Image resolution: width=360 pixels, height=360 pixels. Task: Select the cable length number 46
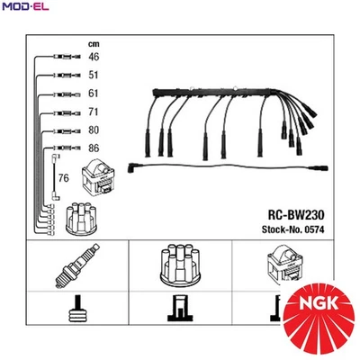tap(94, 57)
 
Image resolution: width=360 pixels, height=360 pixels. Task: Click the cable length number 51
tap(94, 76)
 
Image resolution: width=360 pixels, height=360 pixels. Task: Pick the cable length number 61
tap(94, 94)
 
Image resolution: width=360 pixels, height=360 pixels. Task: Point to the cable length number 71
tap(94, 113)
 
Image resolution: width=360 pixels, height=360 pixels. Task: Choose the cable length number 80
tap(94, 130)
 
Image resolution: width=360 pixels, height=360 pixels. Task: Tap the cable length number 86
tap(94, 148)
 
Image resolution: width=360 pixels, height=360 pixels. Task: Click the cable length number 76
tap(64, 180)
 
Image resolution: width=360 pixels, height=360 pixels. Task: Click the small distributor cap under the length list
tap(71, 216)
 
